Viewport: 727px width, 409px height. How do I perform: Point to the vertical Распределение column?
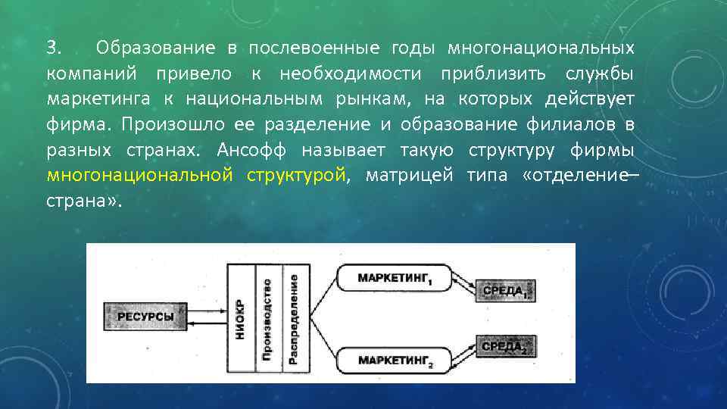click(293, 318)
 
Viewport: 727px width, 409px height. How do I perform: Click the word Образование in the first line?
click(155, 48)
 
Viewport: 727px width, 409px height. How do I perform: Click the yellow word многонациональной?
click(139, 175)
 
